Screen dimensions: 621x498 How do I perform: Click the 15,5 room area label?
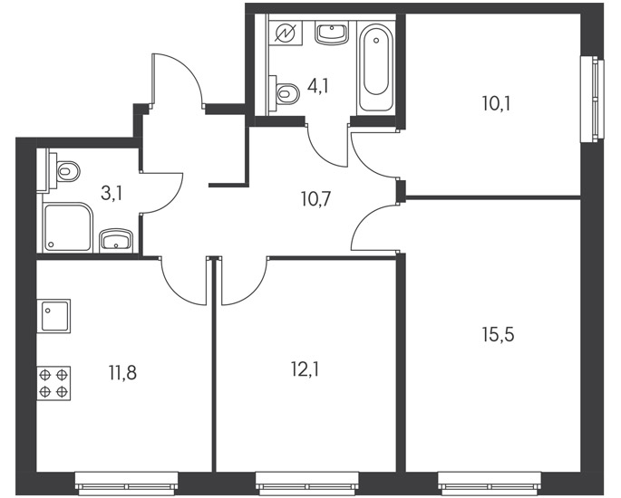[499, 335]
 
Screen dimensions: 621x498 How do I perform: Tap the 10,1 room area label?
[497, 104]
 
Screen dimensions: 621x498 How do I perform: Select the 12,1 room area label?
[305, 370]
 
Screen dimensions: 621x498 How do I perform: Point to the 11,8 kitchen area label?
[122, 373]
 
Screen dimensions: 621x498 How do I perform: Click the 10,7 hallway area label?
[315, 199]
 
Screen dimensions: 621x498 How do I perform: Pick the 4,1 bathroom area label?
[318, 86]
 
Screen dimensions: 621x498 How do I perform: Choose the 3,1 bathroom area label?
[112, 195]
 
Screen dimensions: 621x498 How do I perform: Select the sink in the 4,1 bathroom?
[332, 33]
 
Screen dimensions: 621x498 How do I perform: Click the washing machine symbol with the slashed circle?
[286, 33]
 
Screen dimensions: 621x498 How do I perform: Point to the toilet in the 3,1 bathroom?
[63, 172]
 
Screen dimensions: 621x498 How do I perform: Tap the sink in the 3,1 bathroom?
[116, 240]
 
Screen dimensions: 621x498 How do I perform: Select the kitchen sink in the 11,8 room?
[53, 316]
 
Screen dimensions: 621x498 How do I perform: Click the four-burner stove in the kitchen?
[53, 383]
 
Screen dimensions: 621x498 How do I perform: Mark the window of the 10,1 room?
[593, 99]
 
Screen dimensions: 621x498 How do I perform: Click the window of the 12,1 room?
[307, 484]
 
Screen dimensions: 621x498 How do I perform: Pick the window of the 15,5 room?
[490, 484]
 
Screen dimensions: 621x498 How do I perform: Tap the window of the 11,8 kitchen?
[127, 484]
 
